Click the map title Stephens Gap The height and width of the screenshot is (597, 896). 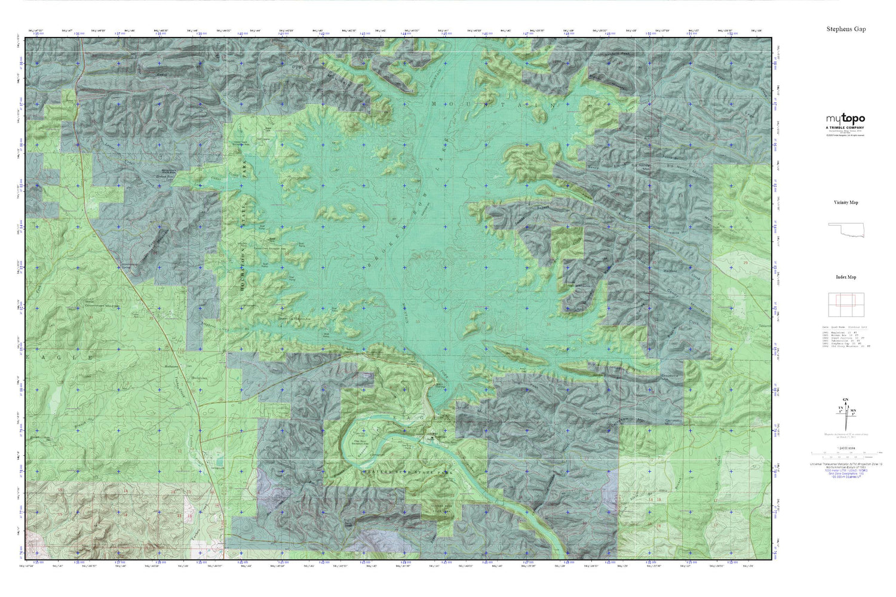tap(846, 29)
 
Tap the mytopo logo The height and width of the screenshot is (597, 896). tap(845, 119)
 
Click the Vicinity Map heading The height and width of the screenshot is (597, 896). tap(846, 202)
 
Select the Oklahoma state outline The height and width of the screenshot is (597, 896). tap(845, 230)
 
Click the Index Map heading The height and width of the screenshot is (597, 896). tap(846, 277)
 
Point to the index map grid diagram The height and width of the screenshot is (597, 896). tap(845, 304)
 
